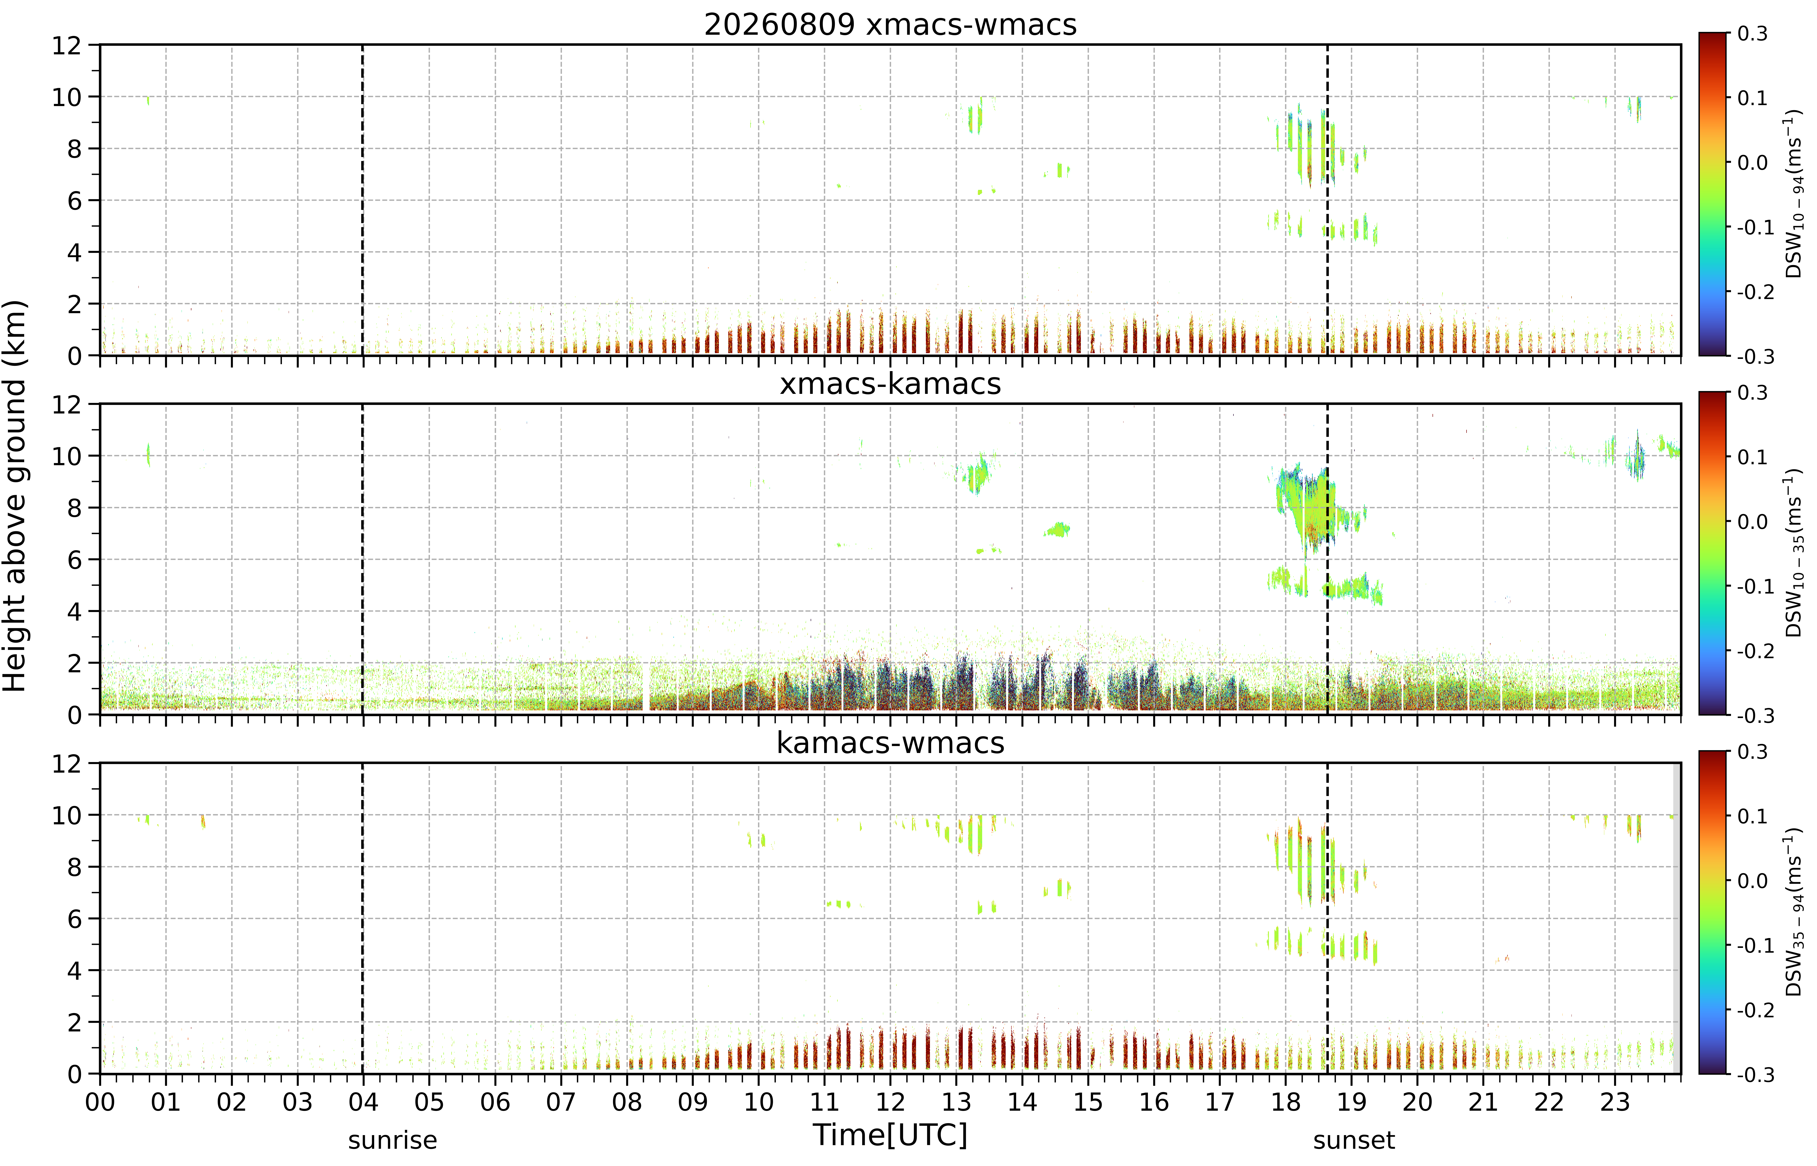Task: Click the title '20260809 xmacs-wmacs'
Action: tap(890, 25)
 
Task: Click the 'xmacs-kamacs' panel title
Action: tap(890, 384)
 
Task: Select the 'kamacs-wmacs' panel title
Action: tap(890, 743)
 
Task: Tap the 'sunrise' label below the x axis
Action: tap(392, 1140)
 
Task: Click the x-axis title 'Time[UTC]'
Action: tap(890, 1135)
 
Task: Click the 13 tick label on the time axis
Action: tap(957, 1102)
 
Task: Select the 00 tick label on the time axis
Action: tap(100, 1102)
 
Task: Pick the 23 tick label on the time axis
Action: tap(1615, 1102)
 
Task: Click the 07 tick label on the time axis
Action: tap(561, 1102)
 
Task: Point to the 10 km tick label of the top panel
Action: tap(67, 97)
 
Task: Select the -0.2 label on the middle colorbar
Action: tap(1755, 651)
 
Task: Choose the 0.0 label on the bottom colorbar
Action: tap(1752, 881)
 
